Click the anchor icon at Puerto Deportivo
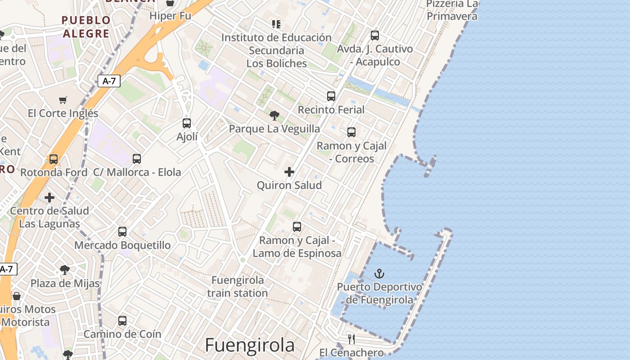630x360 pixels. coord(379,273)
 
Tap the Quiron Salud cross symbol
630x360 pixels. coord(289,172)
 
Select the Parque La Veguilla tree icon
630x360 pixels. coord(274,116)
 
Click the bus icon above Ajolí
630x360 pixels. coord(187,123)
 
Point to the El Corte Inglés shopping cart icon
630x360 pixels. coord(63,100)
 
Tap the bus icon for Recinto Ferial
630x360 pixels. coord(331,96)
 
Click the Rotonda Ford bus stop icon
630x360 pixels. coord(54,159)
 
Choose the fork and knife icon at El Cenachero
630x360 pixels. coord(351,339)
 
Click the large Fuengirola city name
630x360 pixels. coord(250,345)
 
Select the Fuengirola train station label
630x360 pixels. coord(238,287)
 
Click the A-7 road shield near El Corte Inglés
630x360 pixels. coord(109,81)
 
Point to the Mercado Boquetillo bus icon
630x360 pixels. coord(122,232)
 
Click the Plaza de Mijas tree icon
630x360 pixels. coord(65,270)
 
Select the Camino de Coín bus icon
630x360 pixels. coord(122,321)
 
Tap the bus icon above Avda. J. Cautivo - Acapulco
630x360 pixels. coord(375,35)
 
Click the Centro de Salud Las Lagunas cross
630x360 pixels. coord(49,198)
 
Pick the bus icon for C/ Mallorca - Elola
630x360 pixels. coord(137,159)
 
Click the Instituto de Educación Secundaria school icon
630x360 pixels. coord(276,24)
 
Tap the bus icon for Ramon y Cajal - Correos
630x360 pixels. coord(351,132)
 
